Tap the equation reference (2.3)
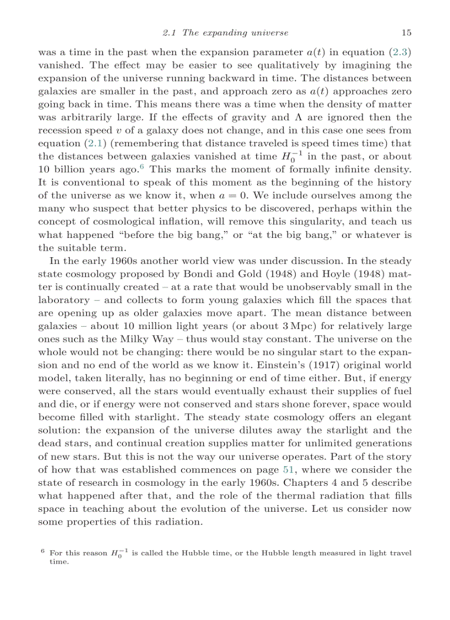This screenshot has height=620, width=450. point(400,52)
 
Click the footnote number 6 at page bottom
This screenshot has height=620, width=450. point(42,550)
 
